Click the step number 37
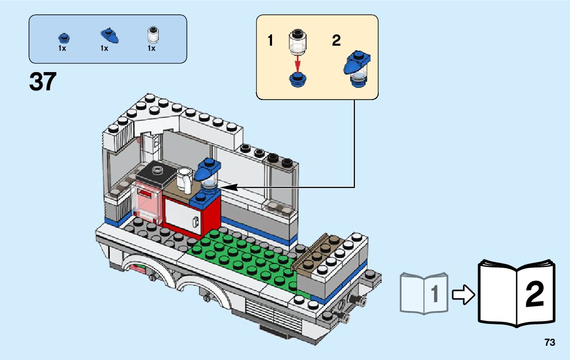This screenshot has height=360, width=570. click(43, 82)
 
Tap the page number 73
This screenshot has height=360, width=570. click(549, 343)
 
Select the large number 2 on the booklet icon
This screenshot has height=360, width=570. click(534, 294)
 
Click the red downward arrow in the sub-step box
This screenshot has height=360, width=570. click(298, 65)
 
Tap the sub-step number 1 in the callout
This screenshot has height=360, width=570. click(271, 41)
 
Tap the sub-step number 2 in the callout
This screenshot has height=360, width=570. click(336, 41)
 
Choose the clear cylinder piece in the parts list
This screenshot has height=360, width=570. click(152, 35)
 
